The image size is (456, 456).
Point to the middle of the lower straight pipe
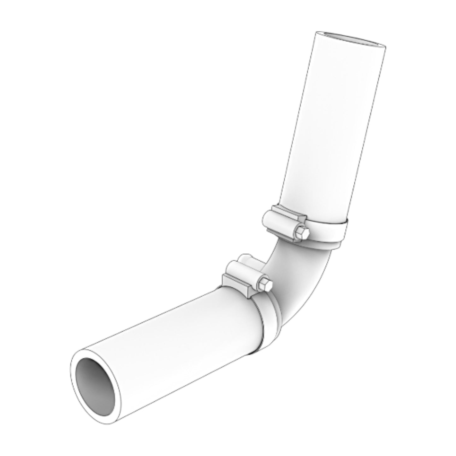[x=177, y=341]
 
